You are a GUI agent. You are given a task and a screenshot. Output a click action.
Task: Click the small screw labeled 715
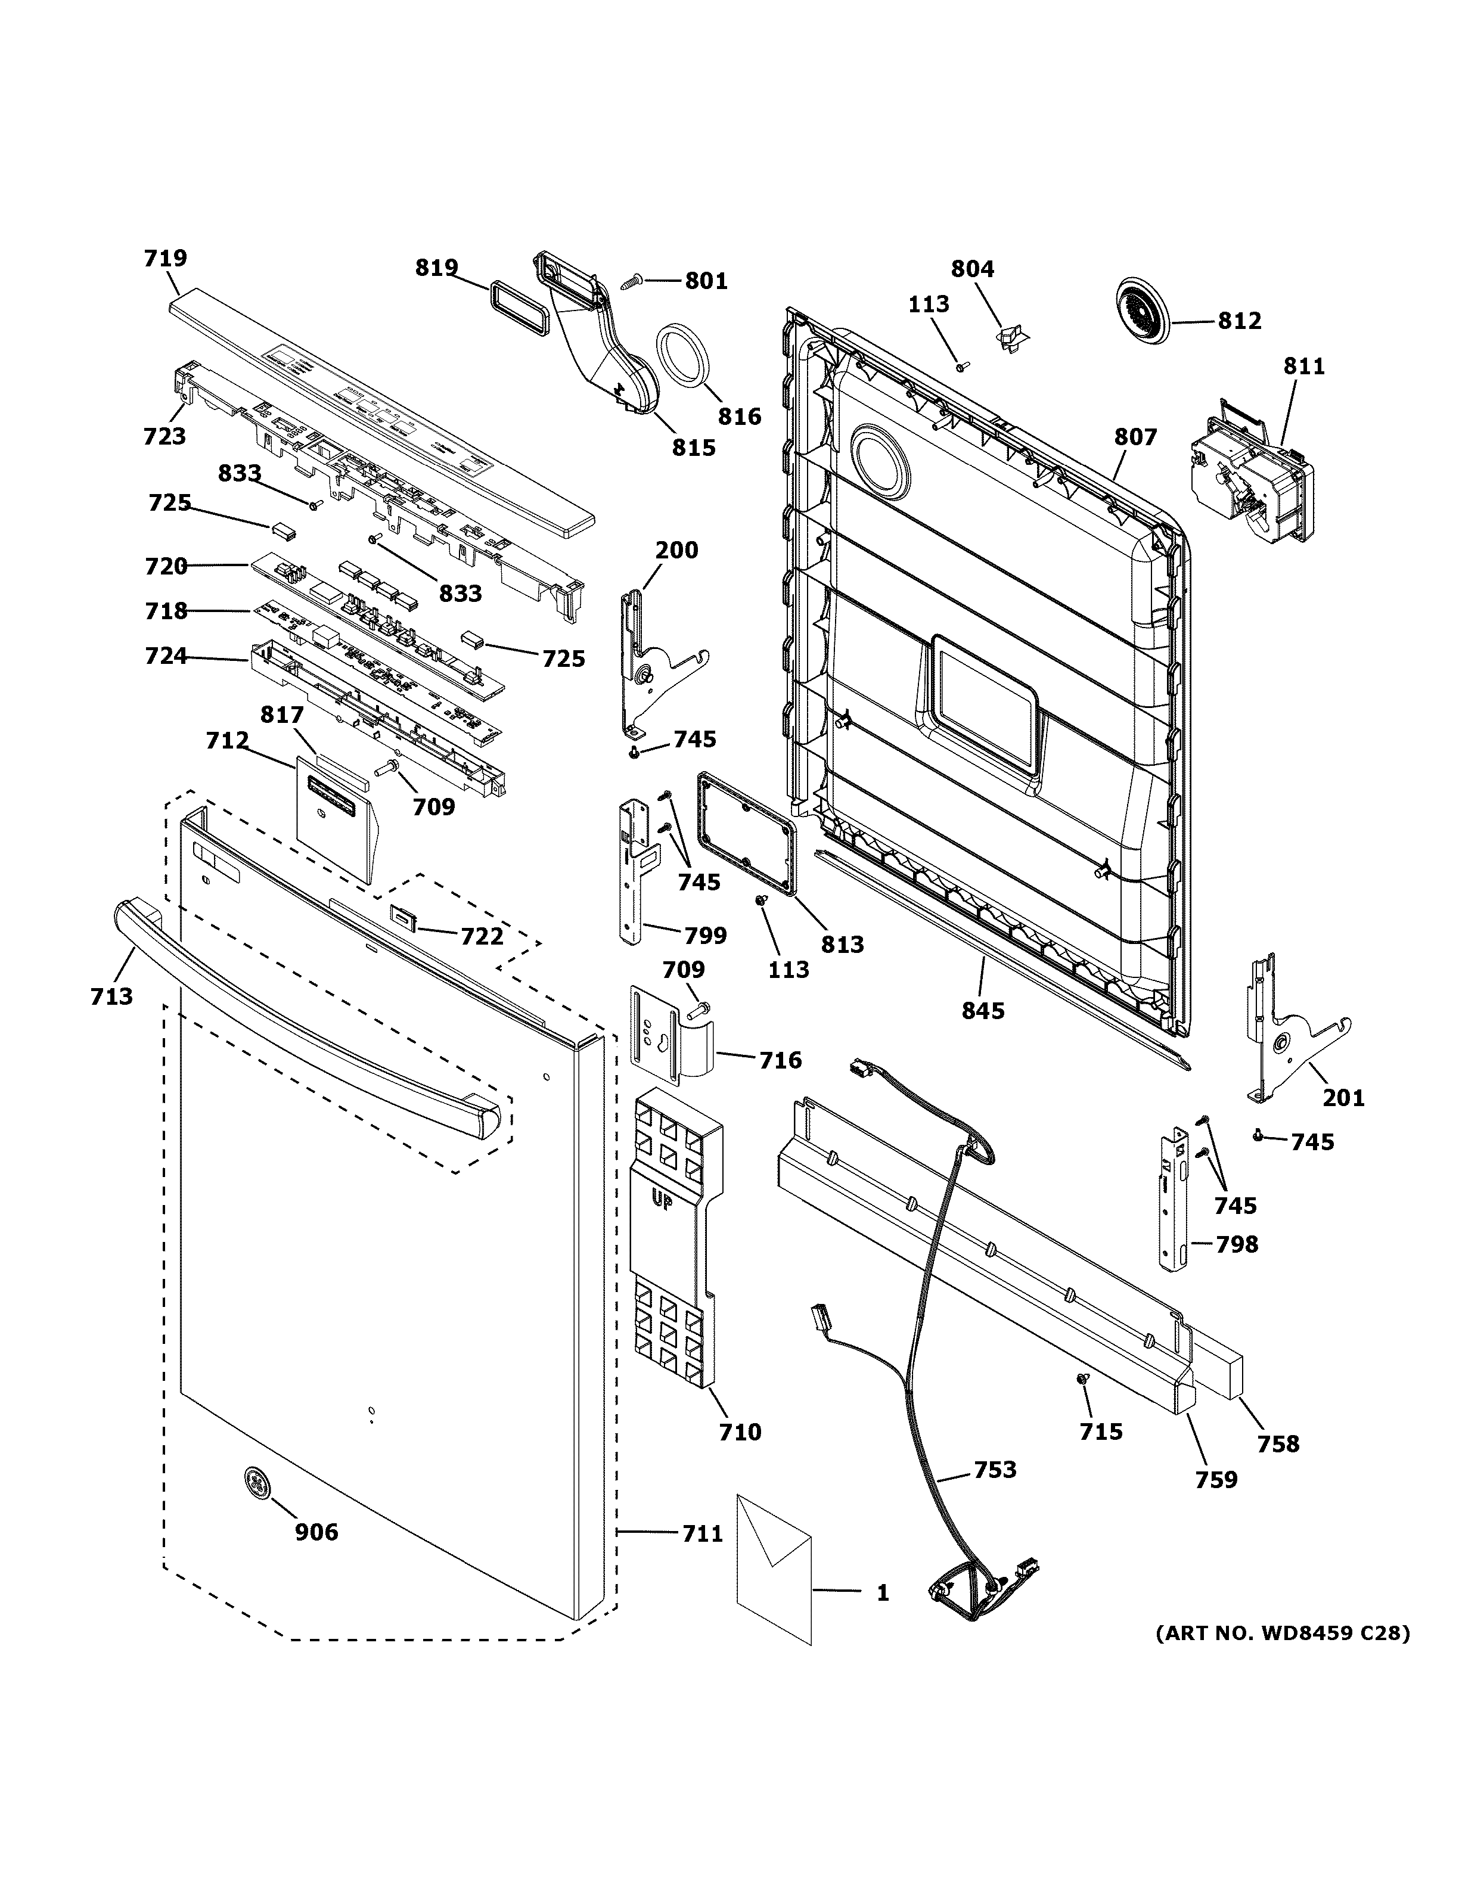click(x=1081, y=1381)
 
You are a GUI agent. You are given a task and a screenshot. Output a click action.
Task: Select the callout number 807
click(x=1135, y=437)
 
